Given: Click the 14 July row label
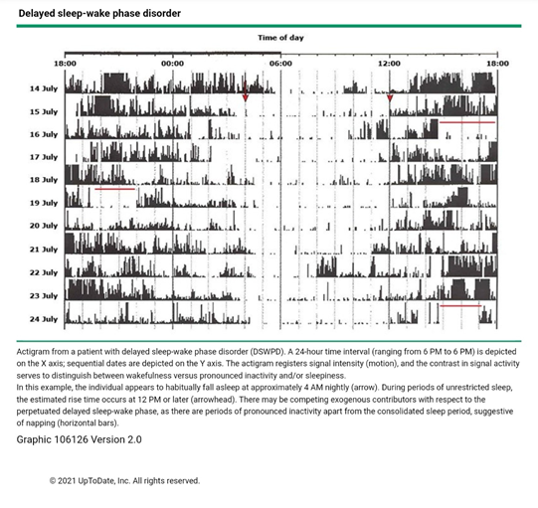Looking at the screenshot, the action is click(x=44, y=88).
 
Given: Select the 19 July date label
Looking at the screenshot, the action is click(x=44, y=203).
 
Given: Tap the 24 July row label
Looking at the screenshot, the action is click(x=44, y=319).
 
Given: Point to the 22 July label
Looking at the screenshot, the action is click(x=44, y=272).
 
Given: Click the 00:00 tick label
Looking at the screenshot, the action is click(x=172, y=64).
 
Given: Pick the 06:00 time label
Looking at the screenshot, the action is click(x=280, y=64).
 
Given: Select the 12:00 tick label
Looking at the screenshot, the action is click(x=389, y=64).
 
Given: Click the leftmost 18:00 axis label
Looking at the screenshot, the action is click(x=66, y=64).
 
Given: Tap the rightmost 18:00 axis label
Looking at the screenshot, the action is click(x=497, y=64).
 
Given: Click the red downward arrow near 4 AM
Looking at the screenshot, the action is click(x=245, y=91).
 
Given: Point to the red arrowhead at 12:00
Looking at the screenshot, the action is click(x=390, y=98).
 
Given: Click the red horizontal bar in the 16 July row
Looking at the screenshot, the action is click(x=467, y=122).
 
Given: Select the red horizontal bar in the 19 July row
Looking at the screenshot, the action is click(x=114, y=189).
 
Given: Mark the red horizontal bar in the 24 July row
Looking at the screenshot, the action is click(x=460, y=305).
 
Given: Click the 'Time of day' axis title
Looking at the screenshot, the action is click(x=280, y=38).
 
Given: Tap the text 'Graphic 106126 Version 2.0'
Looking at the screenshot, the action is click(x=79, y=439).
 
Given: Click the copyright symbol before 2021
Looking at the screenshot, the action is click(x=53, y=481).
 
